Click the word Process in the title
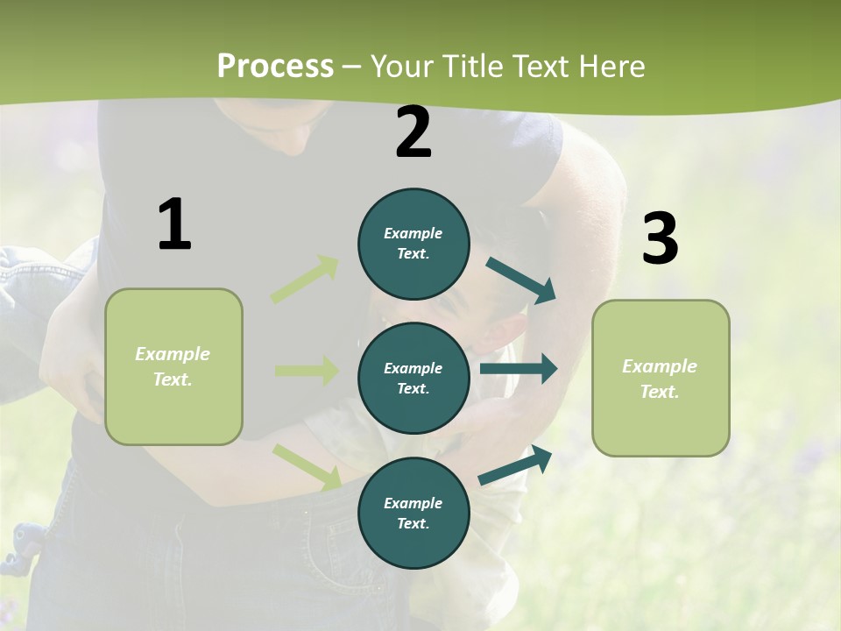275,67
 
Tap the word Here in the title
613,67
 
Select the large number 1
174,225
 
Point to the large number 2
413,132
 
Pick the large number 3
660,238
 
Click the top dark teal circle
413,244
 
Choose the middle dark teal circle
413,378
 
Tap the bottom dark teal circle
413,513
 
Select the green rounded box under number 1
173,366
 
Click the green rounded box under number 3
661,378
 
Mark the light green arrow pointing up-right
305,280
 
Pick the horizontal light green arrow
307,371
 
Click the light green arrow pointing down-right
307,467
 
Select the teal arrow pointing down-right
521,280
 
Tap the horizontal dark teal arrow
518,368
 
